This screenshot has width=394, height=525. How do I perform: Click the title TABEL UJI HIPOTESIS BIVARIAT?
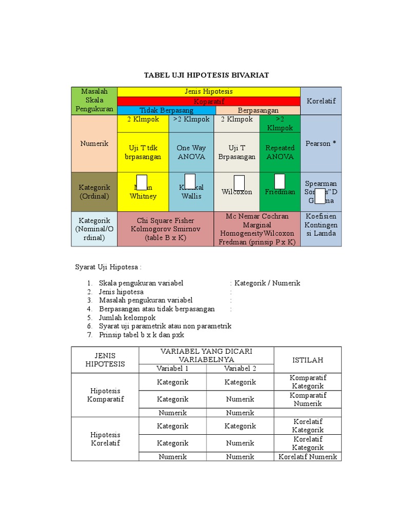[x=206, y=75]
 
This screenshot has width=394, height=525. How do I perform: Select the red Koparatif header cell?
[x=208, y=102]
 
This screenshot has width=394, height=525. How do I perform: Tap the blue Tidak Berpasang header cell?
[x=166, y=110]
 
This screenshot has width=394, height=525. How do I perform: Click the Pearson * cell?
[x=321, y=144]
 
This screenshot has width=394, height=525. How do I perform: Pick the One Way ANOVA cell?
[x=191, y=152]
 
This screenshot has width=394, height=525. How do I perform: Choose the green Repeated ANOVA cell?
[x=280, y=152]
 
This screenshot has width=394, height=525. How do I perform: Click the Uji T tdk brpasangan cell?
[x=143, y=152]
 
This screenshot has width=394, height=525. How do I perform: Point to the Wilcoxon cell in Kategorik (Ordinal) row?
[x=237, y=192]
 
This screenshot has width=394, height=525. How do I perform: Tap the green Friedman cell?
[x=280, y=192]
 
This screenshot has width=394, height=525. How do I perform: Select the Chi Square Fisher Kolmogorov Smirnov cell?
[x=165, y=229]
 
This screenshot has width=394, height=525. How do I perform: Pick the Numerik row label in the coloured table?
[x=94, y=144]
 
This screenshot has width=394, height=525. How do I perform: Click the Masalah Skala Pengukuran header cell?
[x=94, y=100]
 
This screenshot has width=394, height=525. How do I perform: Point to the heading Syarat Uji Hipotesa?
[x=108, y=267]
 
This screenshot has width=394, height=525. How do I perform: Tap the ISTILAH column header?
[x=307, y=360]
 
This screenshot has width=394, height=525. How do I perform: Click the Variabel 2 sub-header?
[x=240, y=369]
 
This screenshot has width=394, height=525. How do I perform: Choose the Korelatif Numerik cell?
[x=307, y=457]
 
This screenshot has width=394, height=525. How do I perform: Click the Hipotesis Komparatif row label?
[x=105, y=395]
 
